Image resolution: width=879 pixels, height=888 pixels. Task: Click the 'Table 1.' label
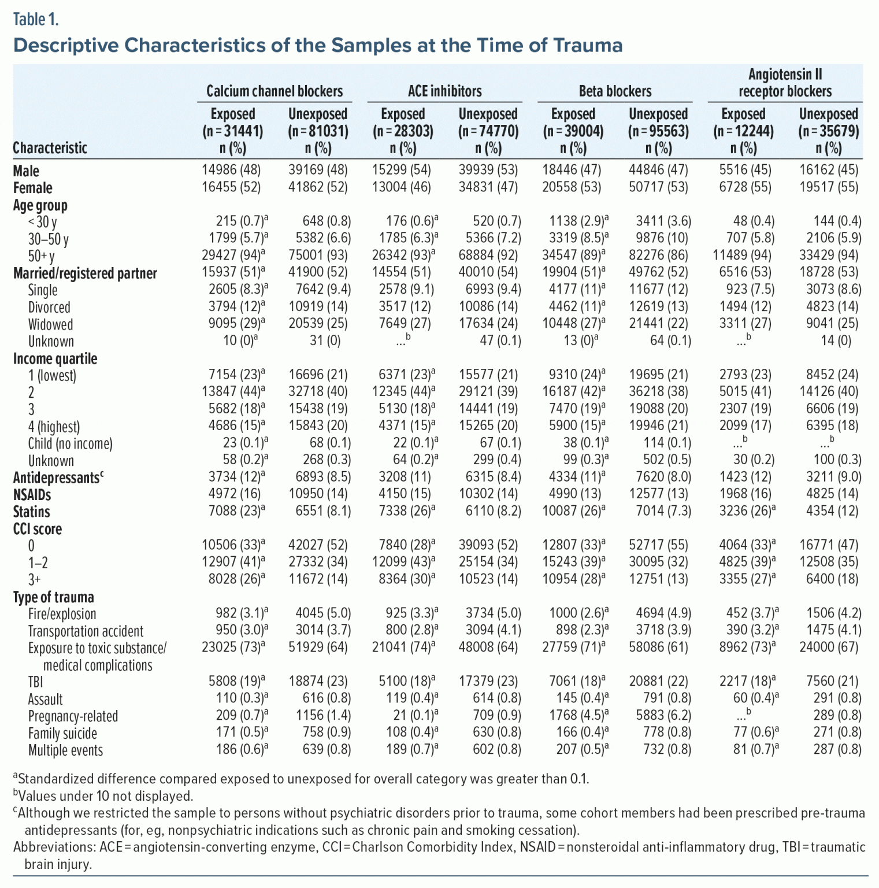36,19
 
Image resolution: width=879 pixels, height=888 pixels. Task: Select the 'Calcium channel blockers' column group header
275,91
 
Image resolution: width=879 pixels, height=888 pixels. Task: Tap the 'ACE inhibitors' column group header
444,91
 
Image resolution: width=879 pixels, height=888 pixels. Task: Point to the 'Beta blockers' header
615,91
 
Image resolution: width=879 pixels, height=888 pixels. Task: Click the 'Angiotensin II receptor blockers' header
785,83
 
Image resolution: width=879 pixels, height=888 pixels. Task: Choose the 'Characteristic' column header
50,148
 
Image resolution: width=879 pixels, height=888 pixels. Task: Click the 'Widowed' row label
51,324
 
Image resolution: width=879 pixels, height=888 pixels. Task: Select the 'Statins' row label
32,512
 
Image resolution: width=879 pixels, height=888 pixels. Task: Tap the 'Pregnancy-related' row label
73,716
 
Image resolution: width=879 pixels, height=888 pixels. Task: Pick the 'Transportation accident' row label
86,631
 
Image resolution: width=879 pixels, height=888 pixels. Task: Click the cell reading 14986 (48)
231,170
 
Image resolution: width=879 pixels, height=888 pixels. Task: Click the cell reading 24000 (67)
829,647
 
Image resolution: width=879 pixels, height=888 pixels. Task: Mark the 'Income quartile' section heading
55,358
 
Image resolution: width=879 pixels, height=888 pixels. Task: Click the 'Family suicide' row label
62,733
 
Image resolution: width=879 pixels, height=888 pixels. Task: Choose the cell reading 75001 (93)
318,256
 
